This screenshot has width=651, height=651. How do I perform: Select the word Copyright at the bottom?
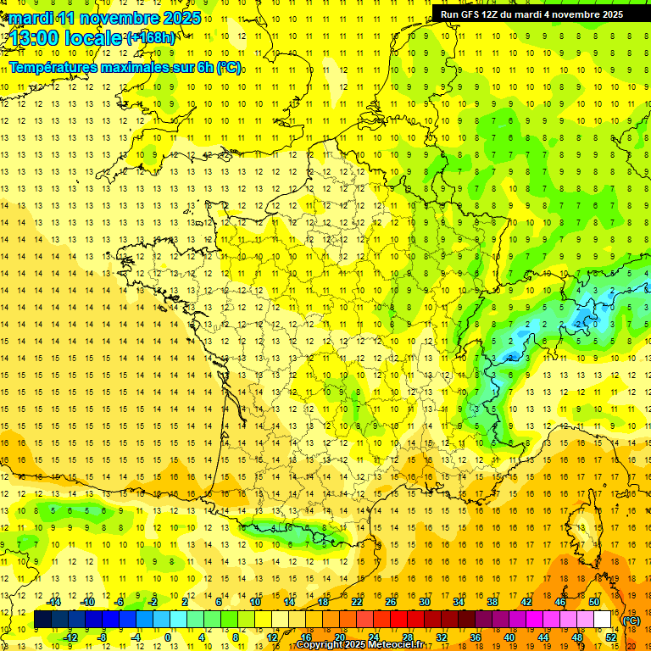point(319,645)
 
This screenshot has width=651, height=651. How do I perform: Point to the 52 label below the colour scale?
point(610,637)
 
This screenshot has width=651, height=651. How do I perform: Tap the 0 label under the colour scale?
point(168,637)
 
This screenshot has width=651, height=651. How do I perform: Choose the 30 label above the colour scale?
point(425,602)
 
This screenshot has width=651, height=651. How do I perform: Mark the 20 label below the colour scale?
point(339,637)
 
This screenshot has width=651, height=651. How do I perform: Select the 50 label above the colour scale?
point(594,602)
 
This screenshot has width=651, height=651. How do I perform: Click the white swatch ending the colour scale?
point(603,620)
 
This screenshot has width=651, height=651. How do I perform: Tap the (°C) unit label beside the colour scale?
point(631,620)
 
